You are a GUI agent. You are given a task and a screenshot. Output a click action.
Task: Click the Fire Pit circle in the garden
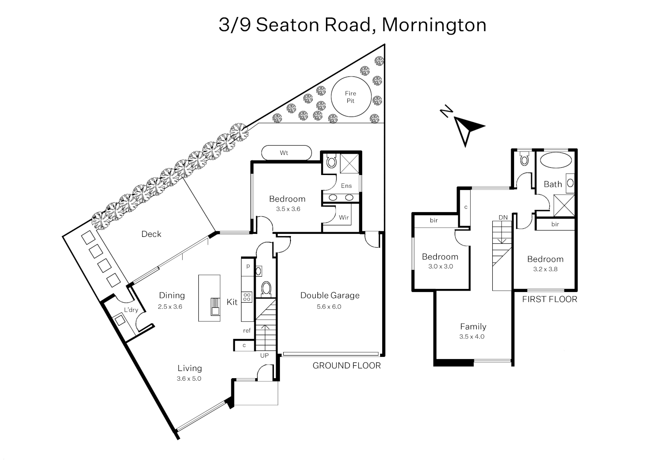(350, 97)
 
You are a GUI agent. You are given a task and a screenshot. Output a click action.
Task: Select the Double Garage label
(330, 295)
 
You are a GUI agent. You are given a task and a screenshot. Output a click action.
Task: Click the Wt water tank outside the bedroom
(286, 153)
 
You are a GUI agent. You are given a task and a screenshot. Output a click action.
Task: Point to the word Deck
(151, 234)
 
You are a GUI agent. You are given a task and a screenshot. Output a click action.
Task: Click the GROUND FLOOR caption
(346, 365)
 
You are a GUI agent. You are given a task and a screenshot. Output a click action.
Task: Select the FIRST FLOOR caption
(549, 299)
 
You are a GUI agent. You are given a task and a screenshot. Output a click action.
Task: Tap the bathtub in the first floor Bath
(556, 162)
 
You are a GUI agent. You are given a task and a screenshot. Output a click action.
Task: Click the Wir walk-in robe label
(344, 217)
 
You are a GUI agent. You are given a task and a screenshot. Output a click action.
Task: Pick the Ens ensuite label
(346, 186)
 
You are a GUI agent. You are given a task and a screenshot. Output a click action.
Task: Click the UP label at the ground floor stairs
(264, 355)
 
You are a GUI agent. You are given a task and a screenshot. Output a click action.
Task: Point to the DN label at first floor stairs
(503, 217)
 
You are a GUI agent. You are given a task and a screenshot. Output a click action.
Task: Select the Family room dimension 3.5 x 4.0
(472, 336)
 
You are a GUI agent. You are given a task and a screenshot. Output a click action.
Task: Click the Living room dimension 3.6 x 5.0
(189, 379)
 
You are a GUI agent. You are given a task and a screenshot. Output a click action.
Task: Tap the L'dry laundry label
(131, 310)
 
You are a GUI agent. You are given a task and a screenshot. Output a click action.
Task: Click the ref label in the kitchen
(247, 330)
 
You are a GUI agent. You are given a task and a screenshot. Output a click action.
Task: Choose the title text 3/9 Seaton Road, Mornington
(352, 25)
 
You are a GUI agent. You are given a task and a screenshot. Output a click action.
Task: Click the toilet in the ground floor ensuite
(331, 162)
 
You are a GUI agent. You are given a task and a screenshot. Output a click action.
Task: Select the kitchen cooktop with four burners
(247, 297)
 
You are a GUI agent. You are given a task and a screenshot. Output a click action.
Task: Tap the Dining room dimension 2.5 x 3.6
(170, 306)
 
